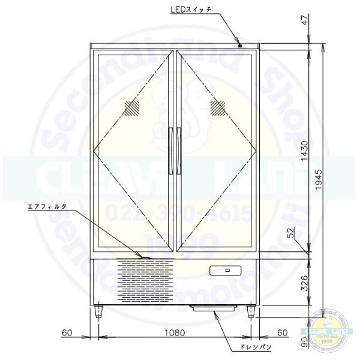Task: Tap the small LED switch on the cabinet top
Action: point(239,46)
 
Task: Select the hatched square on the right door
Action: point(217,108)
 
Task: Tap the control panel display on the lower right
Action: point(227,271)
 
